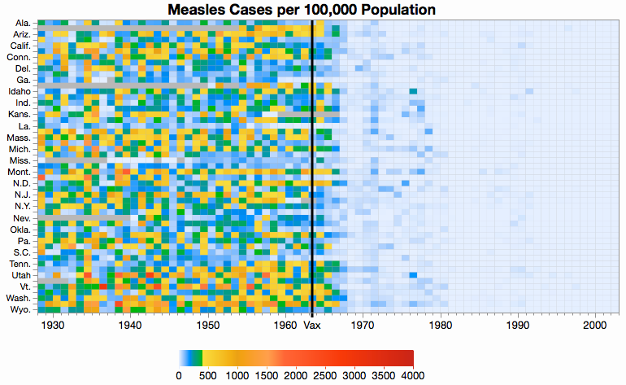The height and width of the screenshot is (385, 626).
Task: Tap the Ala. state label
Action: [x=23, y=23]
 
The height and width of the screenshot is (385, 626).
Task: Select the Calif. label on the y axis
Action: [x=20, y=46]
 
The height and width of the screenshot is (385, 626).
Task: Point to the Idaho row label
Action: [x=19, y=91]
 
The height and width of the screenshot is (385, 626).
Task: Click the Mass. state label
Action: [x=19, y=138]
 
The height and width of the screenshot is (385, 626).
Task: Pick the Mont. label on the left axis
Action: [x=19, y=172]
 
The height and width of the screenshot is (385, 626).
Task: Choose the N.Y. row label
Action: [x=21, y=207]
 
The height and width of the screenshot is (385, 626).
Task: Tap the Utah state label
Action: [x=20, y=275]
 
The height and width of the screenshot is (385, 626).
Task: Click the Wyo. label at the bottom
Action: [x=20, y=310]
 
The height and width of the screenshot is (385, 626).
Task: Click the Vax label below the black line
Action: [x=312, y=326]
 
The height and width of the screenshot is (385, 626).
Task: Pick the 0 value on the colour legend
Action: [x=179, y=375]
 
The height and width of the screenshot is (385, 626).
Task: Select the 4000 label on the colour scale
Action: [x=413, y=375]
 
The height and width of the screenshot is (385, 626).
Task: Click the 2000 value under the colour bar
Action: [x=296, y=375]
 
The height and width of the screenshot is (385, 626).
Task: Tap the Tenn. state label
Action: [x=20, y=264]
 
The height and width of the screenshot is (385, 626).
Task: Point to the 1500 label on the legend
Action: [x=267, y=375]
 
